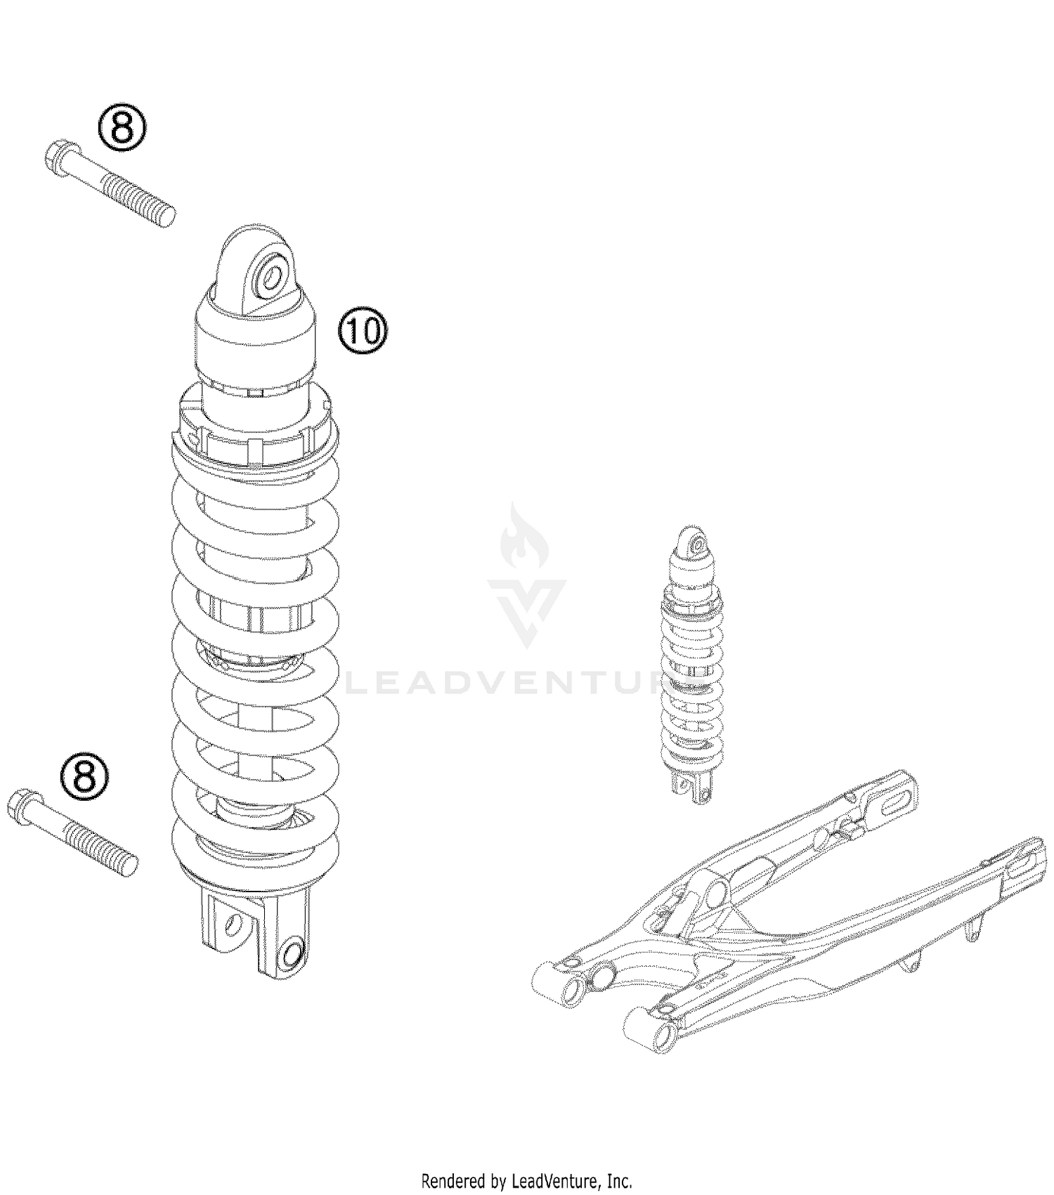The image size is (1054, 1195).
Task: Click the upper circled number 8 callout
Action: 122,128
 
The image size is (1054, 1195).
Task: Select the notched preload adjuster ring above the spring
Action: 255,430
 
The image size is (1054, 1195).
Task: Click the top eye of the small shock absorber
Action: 696,543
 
